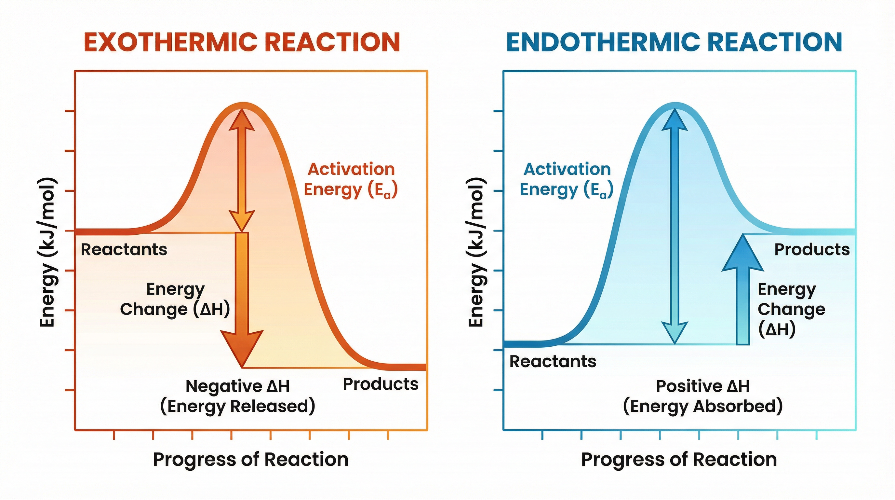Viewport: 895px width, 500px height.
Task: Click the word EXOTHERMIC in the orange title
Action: (170, 42)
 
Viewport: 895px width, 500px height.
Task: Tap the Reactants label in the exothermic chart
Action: (124, 250)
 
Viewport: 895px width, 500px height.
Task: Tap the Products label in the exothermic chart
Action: (381, 384)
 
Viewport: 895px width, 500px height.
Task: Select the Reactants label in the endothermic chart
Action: (553, 362)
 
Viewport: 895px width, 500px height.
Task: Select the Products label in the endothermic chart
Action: (812, 250)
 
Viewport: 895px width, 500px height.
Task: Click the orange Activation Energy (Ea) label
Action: (351, 180)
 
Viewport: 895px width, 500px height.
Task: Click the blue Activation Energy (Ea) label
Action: (567, 180)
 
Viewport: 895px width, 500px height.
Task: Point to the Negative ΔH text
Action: (238, 386)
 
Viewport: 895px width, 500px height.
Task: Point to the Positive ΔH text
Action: (702, 386)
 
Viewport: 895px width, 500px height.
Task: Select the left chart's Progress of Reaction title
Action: (250, 460)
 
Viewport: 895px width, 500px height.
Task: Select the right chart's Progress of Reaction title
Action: (679, 460)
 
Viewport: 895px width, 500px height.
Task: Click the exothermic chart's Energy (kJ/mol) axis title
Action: (47, 252)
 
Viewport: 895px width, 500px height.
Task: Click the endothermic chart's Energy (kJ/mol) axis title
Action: (476, 252)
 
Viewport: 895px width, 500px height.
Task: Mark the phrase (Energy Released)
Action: (238, 407)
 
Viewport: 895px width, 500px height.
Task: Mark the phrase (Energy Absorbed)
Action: (702, 407)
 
